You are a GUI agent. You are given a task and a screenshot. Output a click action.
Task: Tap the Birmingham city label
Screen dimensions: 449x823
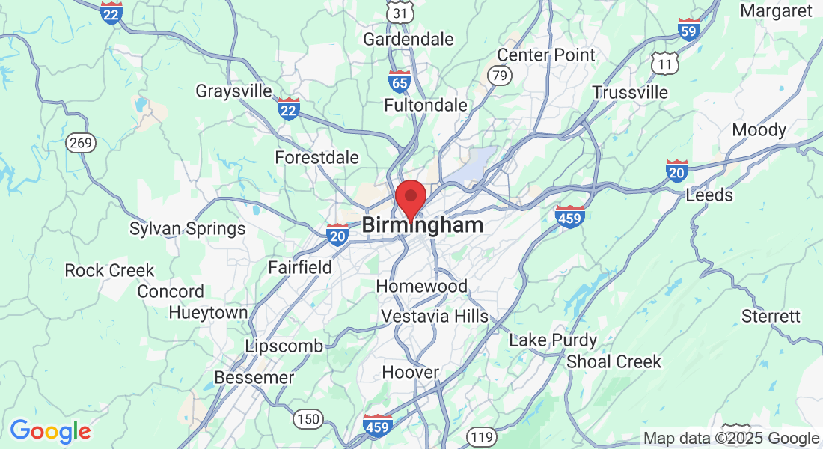[423, 225]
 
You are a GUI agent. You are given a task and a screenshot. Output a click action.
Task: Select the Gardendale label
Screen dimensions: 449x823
[409, 39]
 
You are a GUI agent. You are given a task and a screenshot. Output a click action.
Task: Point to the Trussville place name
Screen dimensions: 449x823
[630, 92]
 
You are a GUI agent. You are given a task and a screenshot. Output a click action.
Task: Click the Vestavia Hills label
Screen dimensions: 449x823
[435, 317]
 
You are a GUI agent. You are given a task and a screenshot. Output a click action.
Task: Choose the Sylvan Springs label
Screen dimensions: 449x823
[187, 229]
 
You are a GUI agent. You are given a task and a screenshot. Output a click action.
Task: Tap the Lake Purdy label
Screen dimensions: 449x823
[553, 340]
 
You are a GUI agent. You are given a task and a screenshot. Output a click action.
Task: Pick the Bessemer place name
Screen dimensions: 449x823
[254, 378]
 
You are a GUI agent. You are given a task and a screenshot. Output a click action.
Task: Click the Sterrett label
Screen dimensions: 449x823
[771, 317]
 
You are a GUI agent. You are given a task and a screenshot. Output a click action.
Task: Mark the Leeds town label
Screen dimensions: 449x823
[709, 195]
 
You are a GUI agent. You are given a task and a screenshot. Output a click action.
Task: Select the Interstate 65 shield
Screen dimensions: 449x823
[400, 80]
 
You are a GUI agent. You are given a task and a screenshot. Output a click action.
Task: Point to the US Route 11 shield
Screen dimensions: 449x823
[664, 65]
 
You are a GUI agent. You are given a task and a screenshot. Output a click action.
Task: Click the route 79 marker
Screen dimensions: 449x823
[498, 75]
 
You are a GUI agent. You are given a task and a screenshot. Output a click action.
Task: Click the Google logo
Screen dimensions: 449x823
[50, 430]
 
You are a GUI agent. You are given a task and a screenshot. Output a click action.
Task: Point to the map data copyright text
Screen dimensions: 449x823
[731, 439]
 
